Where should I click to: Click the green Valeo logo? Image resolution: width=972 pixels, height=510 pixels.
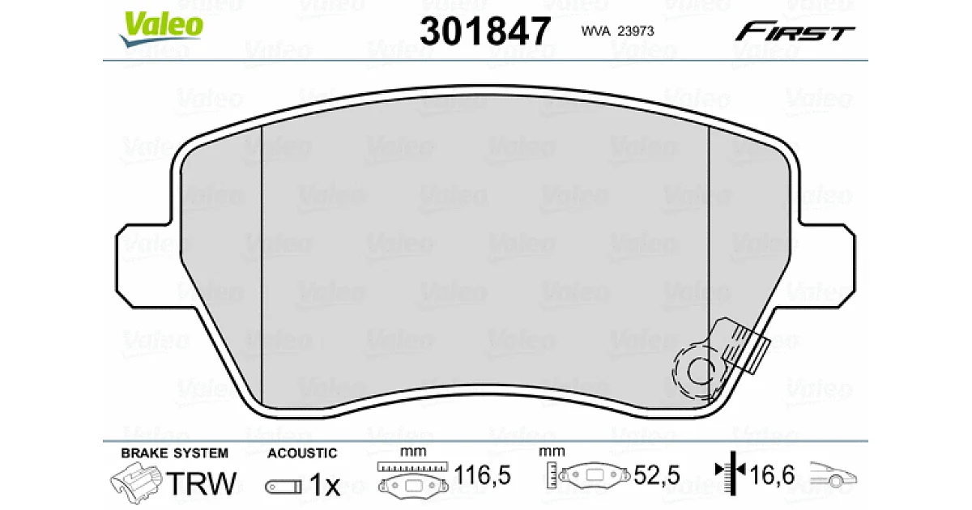(x=161, y=28)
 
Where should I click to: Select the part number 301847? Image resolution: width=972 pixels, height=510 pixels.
(x=485, y=31)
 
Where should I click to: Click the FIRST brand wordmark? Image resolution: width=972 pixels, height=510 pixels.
(x=795, y=32)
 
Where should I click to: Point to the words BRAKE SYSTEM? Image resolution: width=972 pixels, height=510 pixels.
(x=174, y=453)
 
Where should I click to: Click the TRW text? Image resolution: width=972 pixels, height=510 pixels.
(x=202, y=483)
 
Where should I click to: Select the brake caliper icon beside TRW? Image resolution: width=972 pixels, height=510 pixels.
(x=136, y=482)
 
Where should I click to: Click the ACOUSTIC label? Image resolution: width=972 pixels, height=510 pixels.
(x=302, y=453)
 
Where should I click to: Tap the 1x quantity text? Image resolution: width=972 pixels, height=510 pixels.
(x=325, y=484)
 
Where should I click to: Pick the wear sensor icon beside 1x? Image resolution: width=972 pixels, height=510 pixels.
(x=283, y=487)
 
